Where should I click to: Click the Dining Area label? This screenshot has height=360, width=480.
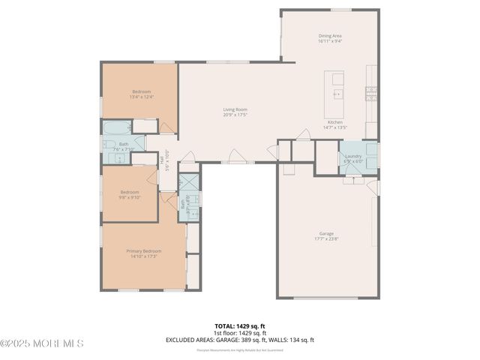tap(330, 35)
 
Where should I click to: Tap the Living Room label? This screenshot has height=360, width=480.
tap(235, 109)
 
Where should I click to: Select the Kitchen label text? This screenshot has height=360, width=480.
tap(334, 122)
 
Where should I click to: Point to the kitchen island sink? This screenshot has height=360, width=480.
tap(337, 94)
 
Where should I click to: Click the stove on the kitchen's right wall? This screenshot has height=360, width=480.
tap(370, 93)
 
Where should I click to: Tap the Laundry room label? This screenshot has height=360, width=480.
tap(353, 155)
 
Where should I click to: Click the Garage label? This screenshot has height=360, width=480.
tap(327, 235)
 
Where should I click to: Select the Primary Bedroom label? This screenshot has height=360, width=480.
tap(143, 250)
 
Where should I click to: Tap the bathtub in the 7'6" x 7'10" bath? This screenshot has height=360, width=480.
tap(115, 127)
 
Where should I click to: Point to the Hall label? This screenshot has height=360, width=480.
tap(162, 160)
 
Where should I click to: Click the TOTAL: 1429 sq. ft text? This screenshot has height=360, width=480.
tap(240, 326)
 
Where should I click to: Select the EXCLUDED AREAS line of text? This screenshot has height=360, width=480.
tap(240, 340)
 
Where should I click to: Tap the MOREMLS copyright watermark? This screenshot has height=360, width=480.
tap(42, 343)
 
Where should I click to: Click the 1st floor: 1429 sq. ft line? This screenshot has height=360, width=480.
tap(240, 333)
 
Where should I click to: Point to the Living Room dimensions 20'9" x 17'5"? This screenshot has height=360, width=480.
tap(235, 115)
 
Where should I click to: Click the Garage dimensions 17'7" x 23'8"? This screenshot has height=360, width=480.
tap(327, 240)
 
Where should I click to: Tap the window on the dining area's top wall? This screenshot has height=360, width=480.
tap(341, 10)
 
